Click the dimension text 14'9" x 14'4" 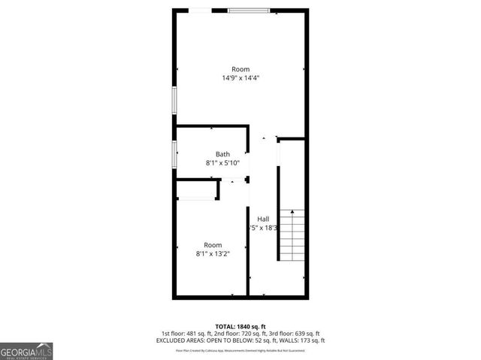pyautogui.click(x=240, y=77)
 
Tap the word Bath pyautogui.click(x=222, y=154)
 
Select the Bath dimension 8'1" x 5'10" pyautogui.click(x=222, y=163)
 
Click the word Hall pyautogui.click(x=263, y=219)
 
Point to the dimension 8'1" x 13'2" pyautogui.click(x=213, y=254)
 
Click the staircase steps pyautogui.click(x=292, y=234)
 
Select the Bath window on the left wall pyautogui.click(x=175, y=156)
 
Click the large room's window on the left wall pyautogui.click(x=175, y=101)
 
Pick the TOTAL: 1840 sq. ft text pyautogui.click(x=240, y=326)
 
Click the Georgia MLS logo pyautogui.click(x=26, y=351)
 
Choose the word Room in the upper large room pyautogui.click(x=240, y=69)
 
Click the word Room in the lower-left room pyautogui.click(x=213, y=245)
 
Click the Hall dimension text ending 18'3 pyautogui.click(x=264, y=228)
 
